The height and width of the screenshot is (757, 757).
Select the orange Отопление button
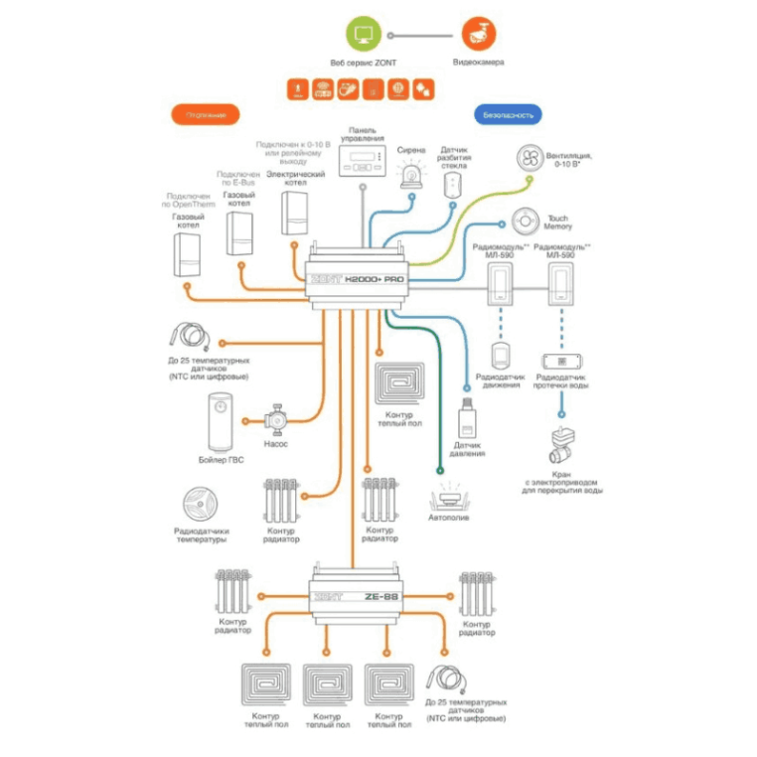pyautogui.click(x=206, y=114)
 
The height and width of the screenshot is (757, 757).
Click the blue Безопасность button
pyautogui.click(x=508, y=114)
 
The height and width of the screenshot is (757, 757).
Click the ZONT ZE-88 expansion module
pyautogui.click(x=356, y=596)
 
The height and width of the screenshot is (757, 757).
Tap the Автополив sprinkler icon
pyautogui.click(x=449, y=498)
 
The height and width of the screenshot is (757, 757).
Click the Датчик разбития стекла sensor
pyautogui.click(x=455, y=186)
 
